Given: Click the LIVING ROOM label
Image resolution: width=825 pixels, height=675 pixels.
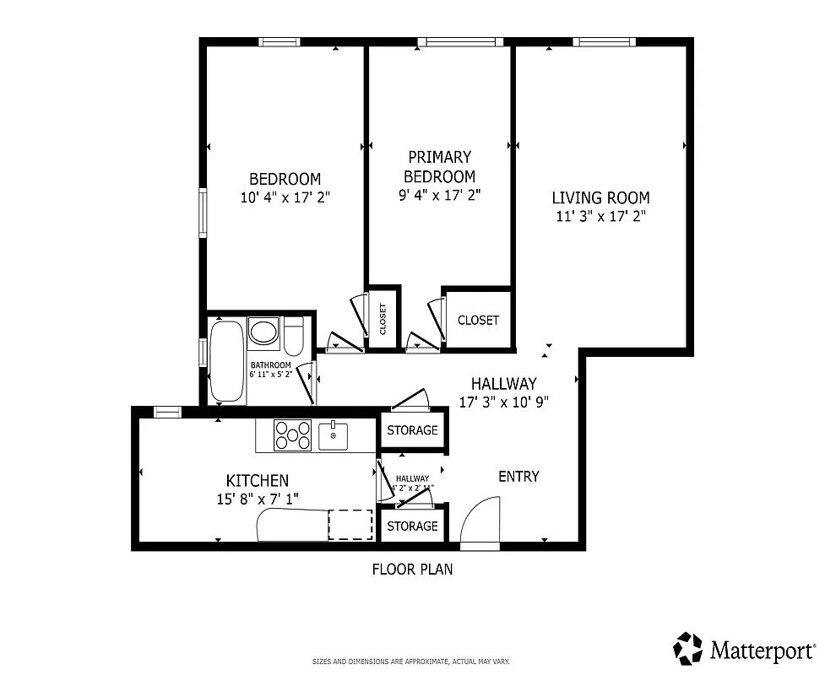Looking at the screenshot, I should click(x=600, y=198).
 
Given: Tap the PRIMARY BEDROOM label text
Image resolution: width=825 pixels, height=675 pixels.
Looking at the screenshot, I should click(x=439, y=166).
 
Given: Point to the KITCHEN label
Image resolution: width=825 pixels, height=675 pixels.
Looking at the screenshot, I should click(x=257, y=480).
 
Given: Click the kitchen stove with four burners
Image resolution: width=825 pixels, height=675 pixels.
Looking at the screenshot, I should click(x=292, y=435).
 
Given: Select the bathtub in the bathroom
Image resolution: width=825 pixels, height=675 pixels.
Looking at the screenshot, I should click(x=226, y=360).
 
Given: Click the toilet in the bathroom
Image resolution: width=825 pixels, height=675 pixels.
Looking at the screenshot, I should click(x=293, y=337).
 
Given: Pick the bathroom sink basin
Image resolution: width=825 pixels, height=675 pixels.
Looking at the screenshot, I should click(x=264, y=331).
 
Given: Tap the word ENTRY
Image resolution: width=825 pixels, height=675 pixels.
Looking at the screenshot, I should click(x=518, y=477).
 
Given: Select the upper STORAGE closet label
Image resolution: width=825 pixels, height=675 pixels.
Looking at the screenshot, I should click(x=412, y=430).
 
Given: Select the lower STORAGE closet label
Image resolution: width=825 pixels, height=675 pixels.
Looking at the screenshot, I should click(x=412, y=526).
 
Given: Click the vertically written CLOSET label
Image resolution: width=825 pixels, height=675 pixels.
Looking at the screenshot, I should click(x=383, y=319).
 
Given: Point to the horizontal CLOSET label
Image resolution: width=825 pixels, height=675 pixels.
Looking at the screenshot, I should click(x=478, y=321).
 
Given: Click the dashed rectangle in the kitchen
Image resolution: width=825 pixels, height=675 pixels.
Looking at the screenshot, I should click(x=350, y=524).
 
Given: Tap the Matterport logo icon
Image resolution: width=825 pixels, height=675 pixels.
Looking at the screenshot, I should click(x=687, y=648).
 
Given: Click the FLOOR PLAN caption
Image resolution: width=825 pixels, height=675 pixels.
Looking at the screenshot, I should click(x=412, y=570).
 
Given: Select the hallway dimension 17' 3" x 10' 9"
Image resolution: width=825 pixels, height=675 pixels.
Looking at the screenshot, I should click(x=504, y=402).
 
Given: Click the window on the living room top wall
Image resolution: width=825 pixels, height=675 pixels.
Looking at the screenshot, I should click(x=604, y=42).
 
